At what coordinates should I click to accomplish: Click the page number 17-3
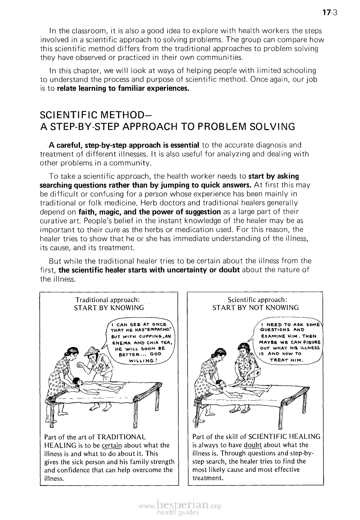tap(329, 13)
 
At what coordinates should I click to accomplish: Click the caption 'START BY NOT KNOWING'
tap(255, 307)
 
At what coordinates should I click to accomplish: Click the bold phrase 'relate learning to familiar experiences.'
tap(123, 88)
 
